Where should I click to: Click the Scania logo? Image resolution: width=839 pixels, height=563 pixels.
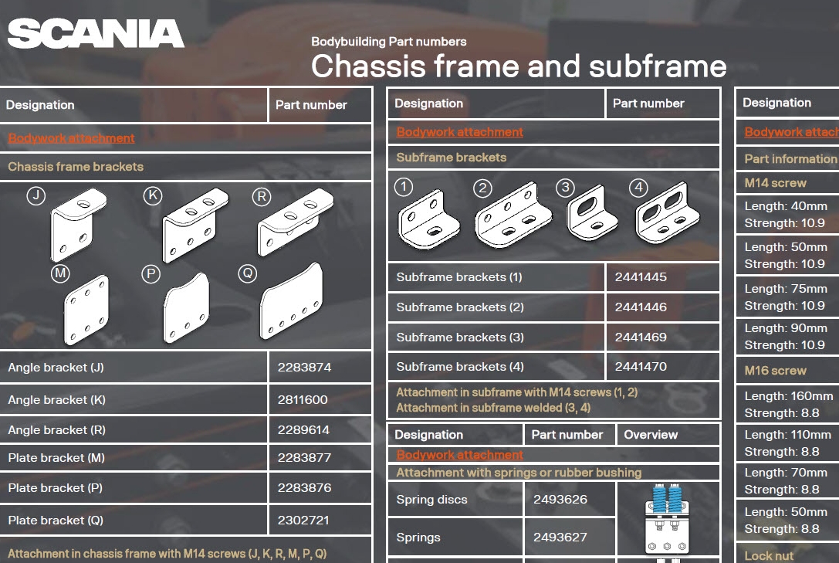pyautogui.click(x=96, y=34)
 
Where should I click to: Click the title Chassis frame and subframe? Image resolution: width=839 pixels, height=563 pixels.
pyautogui.click(x=518, y=66)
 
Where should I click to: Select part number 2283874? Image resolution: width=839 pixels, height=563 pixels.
pyautogui.click(x=304, y=368)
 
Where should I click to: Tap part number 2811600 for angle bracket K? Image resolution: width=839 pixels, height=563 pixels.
pyautogui.click(x=303, y=400)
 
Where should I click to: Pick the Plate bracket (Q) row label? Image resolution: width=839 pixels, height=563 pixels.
pyautogui.click(x=56, y=521)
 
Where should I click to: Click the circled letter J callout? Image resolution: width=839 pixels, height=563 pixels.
pyautogui.click(x=36, y=196)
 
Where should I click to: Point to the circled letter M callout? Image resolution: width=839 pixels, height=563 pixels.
pyautogui.click(x=60, y=273)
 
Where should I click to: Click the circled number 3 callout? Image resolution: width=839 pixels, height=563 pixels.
pyautogui.click(x=567, y=188)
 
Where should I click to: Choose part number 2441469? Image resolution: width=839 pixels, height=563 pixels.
pyautogui.click(x=641, y=337)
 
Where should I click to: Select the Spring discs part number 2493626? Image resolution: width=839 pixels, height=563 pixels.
pyautogui.click(x=560, y=500)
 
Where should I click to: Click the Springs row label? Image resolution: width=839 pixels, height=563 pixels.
pyautogui.click(x=418, y=538)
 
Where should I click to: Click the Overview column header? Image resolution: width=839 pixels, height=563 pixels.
pyautogui.click(x=651, y=435)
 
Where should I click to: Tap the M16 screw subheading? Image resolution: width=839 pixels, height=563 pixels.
pyautogui.click(x=775, y=371)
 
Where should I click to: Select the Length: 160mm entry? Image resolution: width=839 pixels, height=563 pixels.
pyautogui.click(x=788, y=396)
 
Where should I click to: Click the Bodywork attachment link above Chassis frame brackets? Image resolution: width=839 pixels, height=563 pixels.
pyautogui.click(x=71, y=138)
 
